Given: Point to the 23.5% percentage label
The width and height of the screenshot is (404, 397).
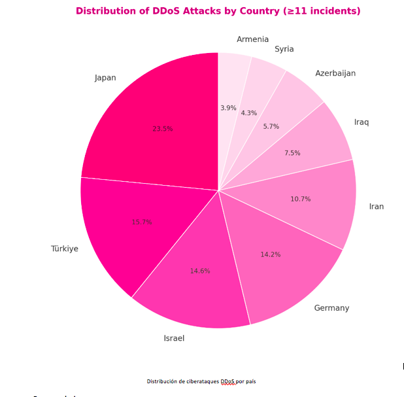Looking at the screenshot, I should [163, 129].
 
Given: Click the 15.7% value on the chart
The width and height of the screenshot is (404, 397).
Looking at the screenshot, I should [142, 222].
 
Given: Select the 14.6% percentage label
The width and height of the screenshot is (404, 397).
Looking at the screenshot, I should [200, 271].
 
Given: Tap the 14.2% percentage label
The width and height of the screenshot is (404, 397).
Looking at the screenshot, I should [270, 254].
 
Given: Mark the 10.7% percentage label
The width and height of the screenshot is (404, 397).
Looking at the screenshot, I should [301, 199].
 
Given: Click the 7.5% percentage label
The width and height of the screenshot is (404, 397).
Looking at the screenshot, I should [292, 153].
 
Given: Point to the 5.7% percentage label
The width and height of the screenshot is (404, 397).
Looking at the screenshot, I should [271, 126].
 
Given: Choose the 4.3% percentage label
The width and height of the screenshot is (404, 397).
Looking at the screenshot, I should [249, 113].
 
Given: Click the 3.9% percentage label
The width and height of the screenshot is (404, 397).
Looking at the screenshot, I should [228, 108].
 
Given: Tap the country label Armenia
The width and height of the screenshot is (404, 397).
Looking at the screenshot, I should [252, 39].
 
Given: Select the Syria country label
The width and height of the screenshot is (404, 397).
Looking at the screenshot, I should [284, 49].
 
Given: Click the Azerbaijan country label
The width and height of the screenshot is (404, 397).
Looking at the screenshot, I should [335, 73].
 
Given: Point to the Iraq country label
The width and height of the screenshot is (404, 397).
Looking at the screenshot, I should [362, 122].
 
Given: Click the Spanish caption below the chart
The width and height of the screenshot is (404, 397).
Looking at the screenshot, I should [205, 381].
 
